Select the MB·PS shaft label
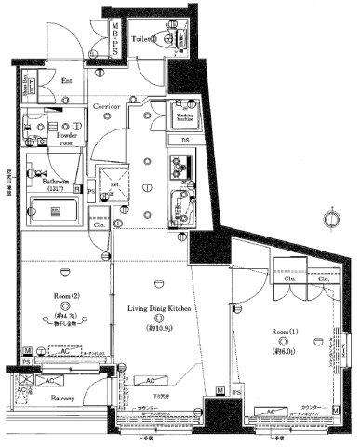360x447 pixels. pyautogui.click(x=115, y=40)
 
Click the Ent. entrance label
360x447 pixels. pyautogui.click(x=68, y=81)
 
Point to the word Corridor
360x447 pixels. pyautogui.click(x=106, y=107)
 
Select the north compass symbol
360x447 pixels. pyautogui.click(x=327, y=221)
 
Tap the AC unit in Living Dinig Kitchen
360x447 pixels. pyautogui.click(x=148, y=380)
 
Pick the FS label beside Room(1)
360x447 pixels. pyautogui.click(x=236, y=391)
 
